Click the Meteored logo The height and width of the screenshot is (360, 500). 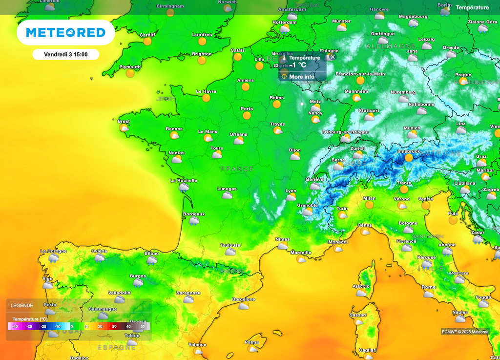pos(65,33)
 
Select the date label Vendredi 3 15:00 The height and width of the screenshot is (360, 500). pos(65,54)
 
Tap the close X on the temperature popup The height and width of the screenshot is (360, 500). pos(333,57)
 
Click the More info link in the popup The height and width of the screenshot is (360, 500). pos(302,77)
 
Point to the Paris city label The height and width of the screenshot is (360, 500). pos(247,109)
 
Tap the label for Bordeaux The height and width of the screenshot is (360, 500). pos(194,214)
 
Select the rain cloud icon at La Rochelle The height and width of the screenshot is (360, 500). pos(184,188)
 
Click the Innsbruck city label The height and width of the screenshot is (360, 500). pos(409,151)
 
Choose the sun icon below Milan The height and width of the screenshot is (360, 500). pos(369,205)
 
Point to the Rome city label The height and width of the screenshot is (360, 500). pos(428,287)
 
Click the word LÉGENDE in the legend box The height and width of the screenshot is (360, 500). pos(22,306)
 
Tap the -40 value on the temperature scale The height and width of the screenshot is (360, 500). pos(15,326)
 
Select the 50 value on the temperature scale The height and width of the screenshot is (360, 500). pos(143,326)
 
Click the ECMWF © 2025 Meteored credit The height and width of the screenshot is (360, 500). pos(464,332)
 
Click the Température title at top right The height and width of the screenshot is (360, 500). pos(472,8)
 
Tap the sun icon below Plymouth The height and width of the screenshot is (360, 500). pos(130,74)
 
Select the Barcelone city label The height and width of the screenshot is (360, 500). pos(243,299)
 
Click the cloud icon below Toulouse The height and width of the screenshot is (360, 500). pos(230,252)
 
